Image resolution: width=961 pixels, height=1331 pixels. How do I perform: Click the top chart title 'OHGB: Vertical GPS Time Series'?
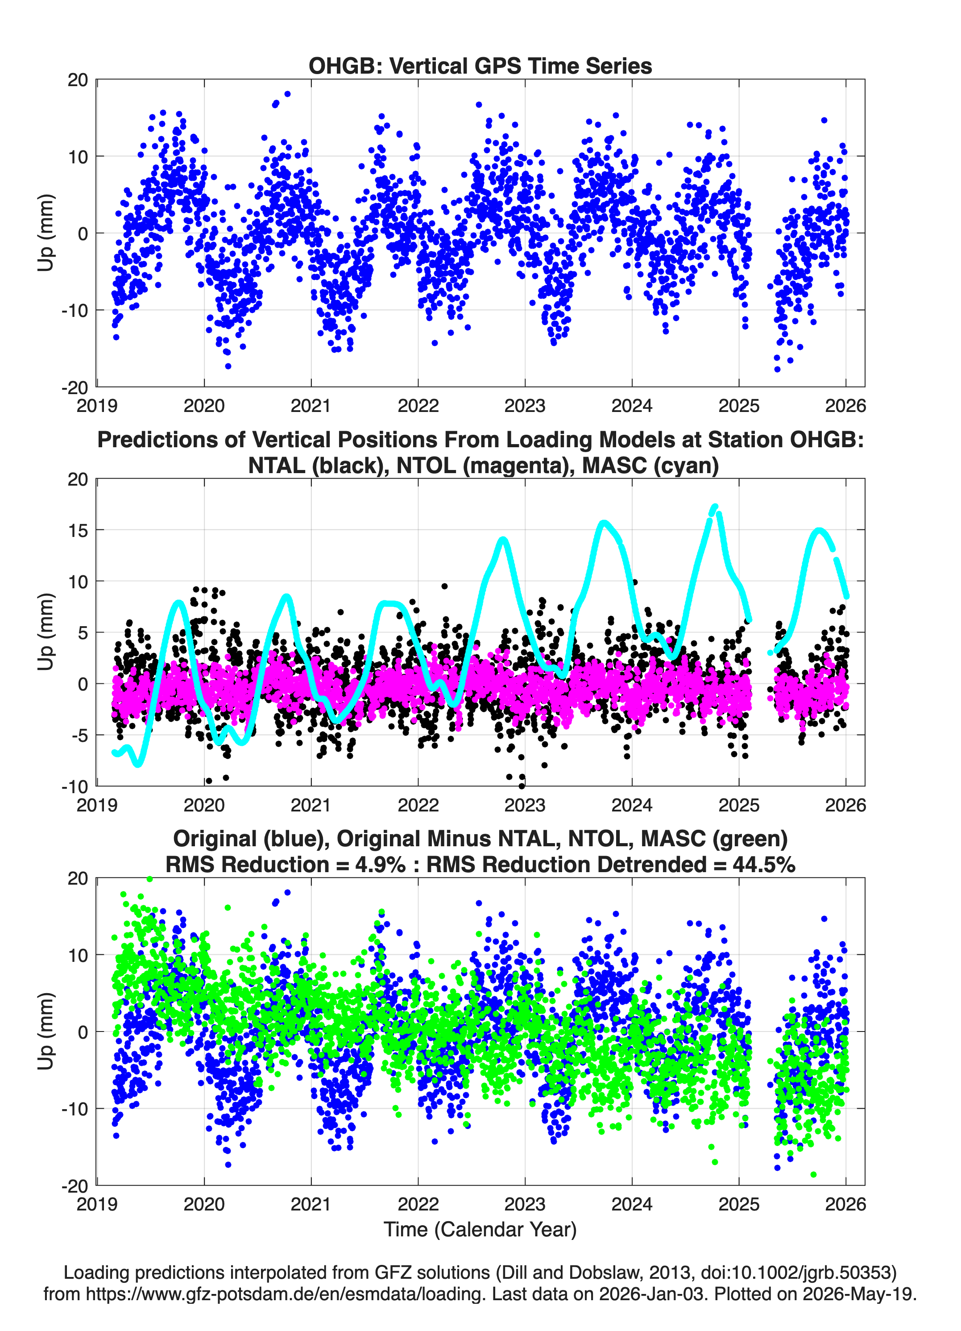pyautogui.click(x=480, y=66)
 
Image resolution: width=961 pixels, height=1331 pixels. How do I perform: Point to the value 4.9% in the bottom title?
pyautogui.click(x=380, y=865)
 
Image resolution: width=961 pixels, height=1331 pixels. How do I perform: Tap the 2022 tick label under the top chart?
pyautogui.click(x=418, y=406)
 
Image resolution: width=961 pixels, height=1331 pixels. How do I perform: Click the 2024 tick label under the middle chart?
pyautogui.click(x=632, y=805)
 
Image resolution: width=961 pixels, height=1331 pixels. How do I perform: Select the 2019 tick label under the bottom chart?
pyautogui.click(x=97, y=1204)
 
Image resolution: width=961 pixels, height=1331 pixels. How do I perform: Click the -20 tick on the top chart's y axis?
pyautogui.click(x=75, y=387)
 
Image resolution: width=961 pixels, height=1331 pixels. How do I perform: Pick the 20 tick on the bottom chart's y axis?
pyautogui.click(x=78, y=878)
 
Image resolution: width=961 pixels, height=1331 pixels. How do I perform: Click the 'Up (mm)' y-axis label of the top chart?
pyautogui.click(x=46, y=233)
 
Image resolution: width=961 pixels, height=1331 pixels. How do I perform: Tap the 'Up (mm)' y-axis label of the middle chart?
pyautogui.click(x=46, y=632)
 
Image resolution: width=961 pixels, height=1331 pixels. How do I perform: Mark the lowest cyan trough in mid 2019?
pyautogui.click(x=138, y=764)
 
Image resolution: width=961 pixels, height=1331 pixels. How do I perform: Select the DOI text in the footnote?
pyautogui.click(x=799, y=1273)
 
